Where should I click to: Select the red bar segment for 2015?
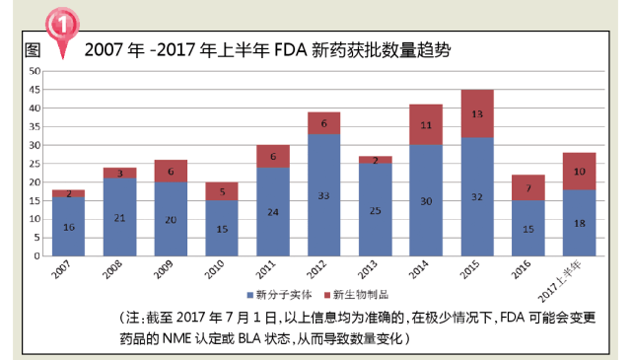click(x=477, y=113)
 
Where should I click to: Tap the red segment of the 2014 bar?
click(x=426, y=124)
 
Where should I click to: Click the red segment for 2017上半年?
click(x=580, y=171)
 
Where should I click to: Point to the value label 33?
click(x=323, y=195)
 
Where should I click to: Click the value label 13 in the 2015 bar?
click(x=477, y=113)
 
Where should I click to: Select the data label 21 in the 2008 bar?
click(x=119, y=217)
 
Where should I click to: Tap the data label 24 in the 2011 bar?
click(x=273, y=211)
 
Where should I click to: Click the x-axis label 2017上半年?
click(x=573, y=277)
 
